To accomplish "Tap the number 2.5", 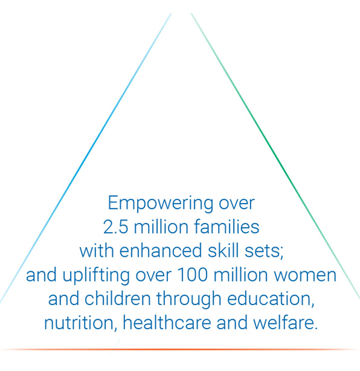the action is [116, 227].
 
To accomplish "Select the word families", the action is [227, 227].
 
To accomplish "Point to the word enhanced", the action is [161, 250].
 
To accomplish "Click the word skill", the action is [223, 250].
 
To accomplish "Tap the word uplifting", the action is [96, 276].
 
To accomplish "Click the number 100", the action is [192, 275].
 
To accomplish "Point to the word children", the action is [118, 298].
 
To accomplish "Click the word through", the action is [189, 299].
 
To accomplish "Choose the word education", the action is [271, 298].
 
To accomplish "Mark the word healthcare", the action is [167, 322].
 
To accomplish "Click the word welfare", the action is [286, 322].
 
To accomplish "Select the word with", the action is [97, 250].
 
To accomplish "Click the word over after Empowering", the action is [237, 204].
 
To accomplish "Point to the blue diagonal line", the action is [85, 158].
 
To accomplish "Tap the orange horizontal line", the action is [180, 349].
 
